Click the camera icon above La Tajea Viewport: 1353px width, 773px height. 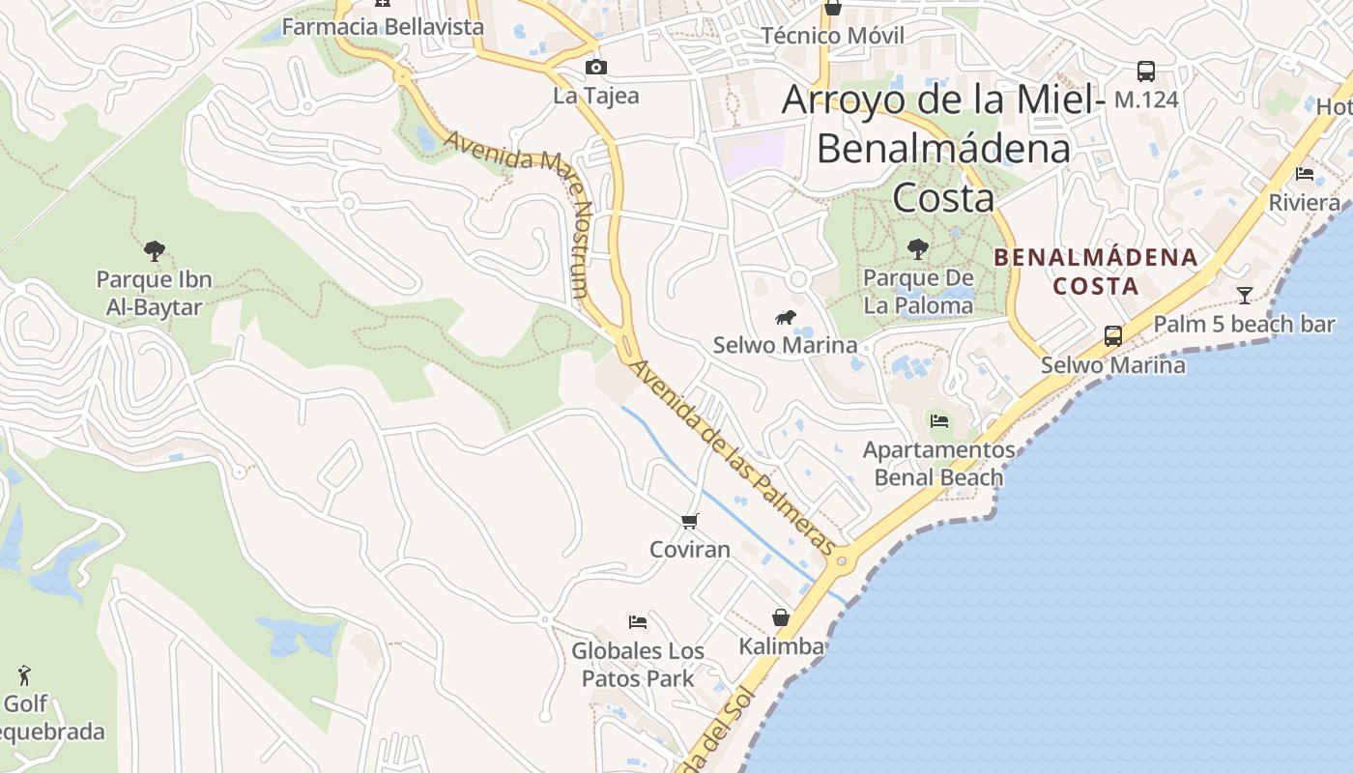click(x=596, y=67)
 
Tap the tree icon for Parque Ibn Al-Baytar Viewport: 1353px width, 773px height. click(x=154, y=251)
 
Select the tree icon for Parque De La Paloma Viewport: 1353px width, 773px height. click(x=918, y=249)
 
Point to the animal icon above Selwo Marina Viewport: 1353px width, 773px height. click(x=786, y=317)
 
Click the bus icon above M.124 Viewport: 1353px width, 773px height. click(x=1146, y=71)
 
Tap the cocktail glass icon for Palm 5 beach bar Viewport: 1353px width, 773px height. click(x=1245, y=296)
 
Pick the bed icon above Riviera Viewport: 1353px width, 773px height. click(x=1305, y=174)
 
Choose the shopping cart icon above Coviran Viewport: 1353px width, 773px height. click(x=689, y=522)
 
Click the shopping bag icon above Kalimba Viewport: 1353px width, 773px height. click(x=781, y=617)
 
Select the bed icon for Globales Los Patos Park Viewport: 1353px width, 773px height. click(x=637, y=621)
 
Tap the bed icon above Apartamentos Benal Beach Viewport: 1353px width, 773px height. click(x=938, y=420)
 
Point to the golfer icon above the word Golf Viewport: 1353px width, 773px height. click(x=24, y=675)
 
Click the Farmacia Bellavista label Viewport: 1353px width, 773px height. click(x=383, y=27)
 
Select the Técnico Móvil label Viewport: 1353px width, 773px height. click(x=833, y=36)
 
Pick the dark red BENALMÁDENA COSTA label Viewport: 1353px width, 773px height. click(x=1096, y=272)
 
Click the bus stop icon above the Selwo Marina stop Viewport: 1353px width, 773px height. click(x=1113, y=336)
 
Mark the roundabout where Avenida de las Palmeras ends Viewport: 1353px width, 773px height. click(x=842, y=559)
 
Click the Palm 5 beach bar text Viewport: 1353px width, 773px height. click(x=1245, y=325)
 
